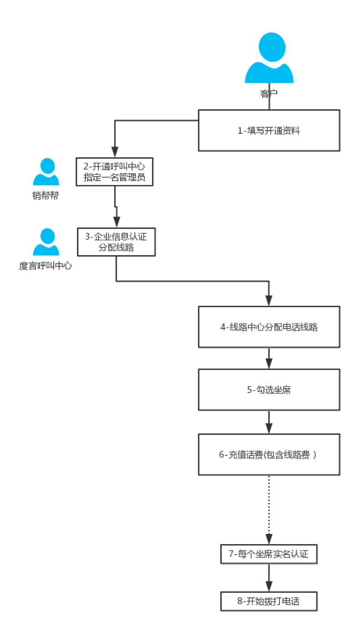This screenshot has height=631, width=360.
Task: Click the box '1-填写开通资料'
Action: (269, 131)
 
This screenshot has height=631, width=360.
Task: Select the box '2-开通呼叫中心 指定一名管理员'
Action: (114, 172)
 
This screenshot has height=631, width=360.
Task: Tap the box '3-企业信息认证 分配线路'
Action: (116, 242)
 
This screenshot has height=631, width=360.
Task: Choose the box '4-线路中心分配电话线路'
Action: (269, 327)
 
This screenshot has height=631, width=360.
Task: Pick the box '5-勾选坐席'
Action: (269, 390)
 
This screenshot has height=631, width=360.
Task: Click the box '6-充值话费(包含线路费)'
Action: (269, 454)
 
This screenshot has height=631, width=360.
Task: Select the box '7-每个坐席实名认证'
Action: (269, 554)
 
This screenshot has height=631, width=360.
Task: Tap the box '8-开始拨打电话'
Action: (269, 601)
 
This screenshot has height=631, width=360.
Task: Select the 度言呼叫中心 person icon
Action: (46, 242)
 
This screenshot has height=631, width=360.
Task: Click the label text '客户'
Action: (269, 93)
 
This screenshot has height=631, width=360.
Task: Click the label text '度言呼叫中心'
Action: (46, 266)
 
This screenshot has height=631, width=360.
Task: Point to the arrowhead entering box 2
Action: (115, 151)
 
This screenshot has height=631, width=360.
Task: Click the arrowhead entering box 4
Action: (269, 300)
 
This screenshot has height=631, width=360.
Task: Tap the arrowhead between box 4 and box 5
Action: (269, 363)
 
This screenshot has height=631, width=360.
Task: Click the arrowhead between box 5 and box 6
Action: (269, 428)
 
